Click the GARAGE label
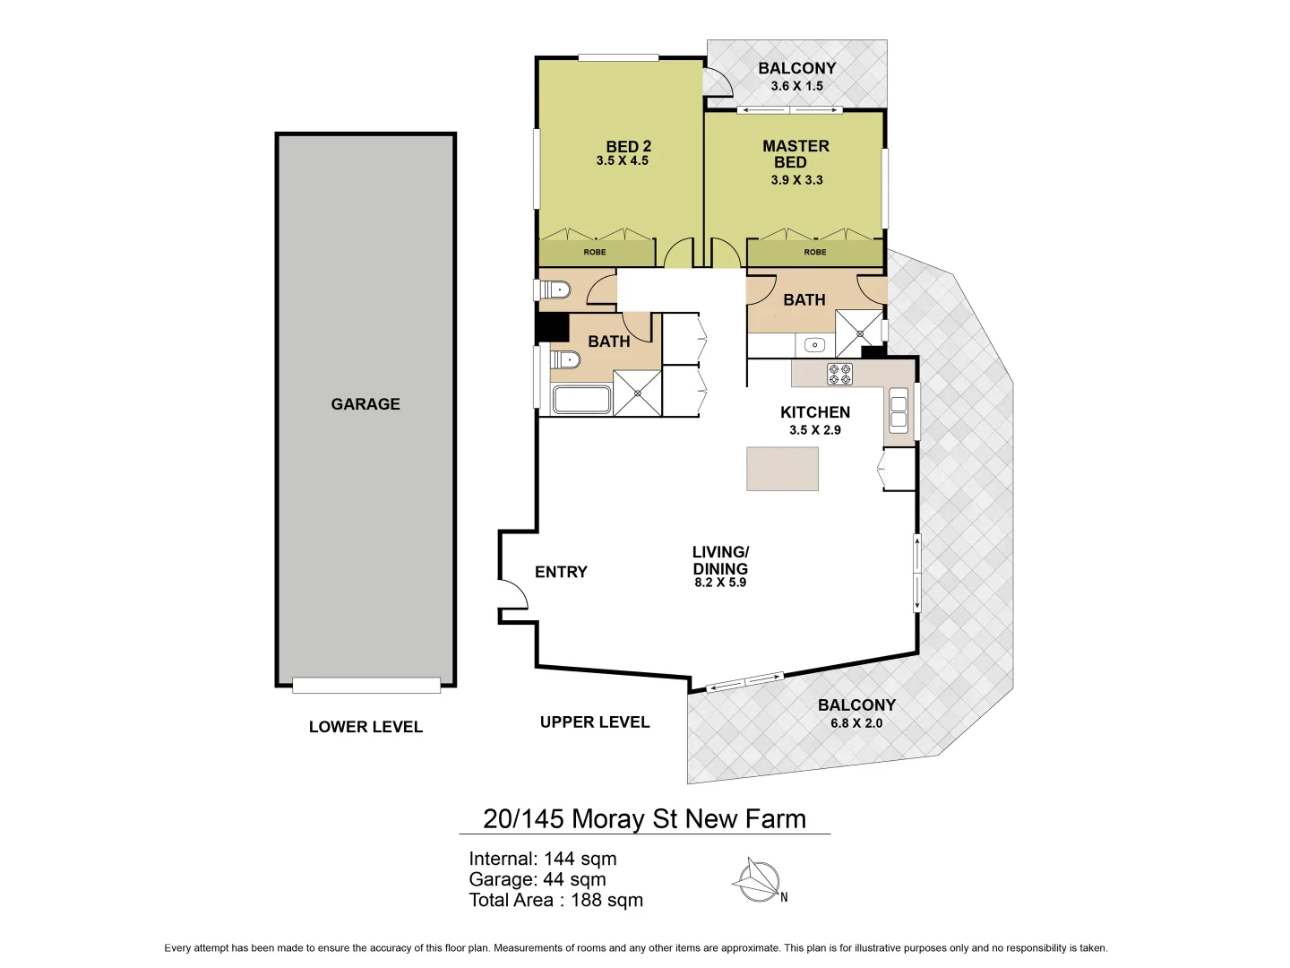(365, 404)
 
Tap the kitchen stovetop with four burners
(839, 374)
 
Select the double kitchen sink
(898, 411)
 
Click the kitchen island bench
(782, 469)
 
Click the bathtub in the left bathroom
(581, 400)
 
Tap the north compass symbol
(758, 881)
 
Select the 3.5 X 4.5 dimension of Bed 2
(622, 161)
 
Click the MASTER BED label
(795, 153)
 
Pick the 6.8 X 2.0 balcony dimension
(856, 723)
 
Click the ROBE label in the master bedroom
(814, 252)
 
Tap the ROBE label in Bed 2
(594, 252)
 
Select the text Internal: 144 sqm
(542, 859)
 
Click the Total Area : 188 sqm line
(555, 900)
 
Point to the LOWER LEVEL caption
(365, 727)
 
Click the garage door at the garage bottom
(365, 686)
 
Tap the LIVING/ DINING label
(720, 560)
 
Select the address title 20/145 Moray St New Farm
(644, 818)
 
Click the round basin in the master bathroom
(814, 345)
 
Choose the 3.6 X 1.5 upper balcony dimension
(796, 86)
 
